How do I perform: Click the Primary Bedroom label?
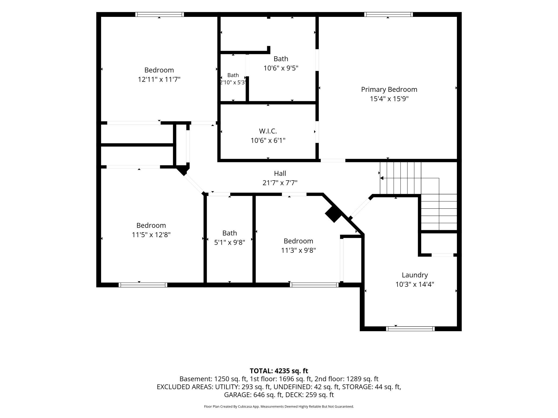(389, 89)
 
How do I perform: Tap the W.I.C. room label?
(268, 131)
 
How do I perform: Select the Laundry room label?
(415, 275)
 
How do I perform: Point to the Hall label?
(280, 173)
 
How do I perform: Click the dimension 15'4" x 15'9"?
(389, 99)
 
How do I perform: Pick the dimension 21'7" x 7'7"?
(280, 183)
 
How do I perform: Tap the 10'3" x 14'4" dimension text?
(415, 284)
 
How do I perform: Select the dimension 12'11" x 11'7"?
(159, 80)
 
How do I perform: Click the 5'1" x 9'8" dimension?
(230, 242)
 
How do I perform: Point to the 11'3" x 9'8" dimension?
(298, 250)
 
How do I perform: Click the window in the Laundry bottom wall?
(410, 329)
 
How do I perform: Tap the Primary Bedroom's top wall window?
(388, 14)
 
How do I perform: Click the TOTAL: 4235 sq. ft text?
(279, 371)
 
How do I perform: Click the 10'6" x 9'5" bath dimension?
(281, 68)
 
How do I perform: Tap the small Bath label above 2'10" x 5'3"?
(233, 75)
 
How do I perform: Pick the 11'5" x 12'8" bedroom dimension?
(151, 235)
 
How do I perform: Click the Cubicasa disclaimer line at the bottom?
(279, 406)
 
